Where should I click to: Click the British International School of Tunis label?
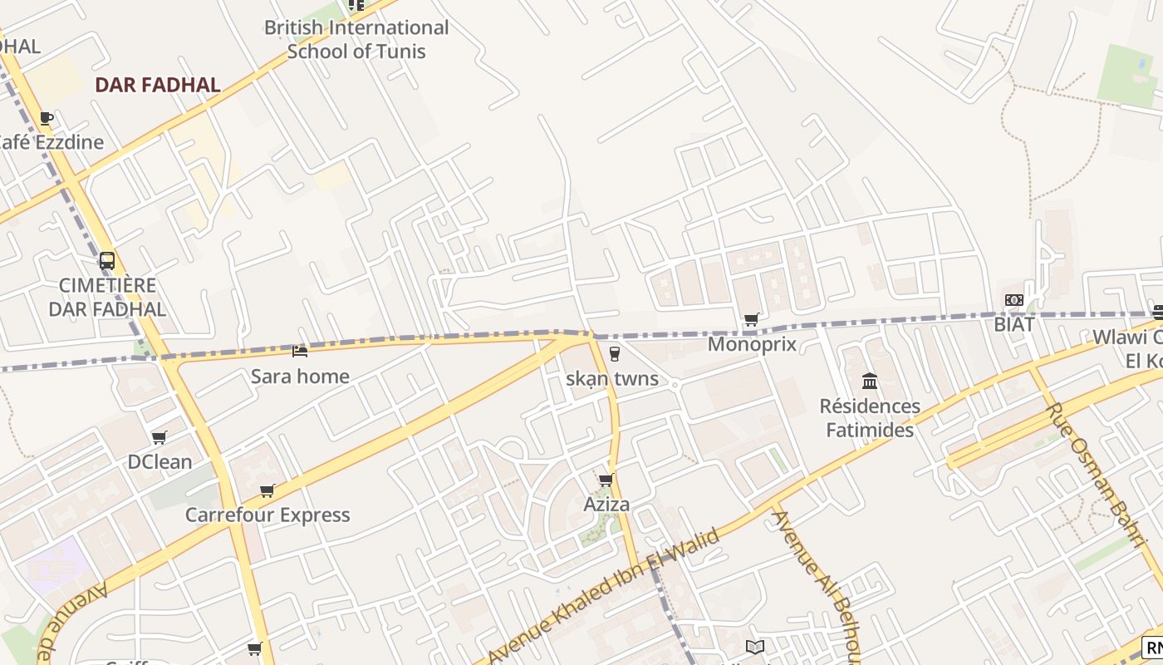point(356,39)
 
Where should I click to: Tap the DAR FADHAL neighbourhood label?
point(157,85)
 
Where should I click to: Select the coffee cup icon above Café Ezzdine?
point(47,119)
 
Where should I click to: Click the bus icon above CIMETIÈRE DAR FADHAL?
point(107,261)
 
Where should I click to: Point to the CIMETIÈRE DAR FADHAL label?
point(107,298)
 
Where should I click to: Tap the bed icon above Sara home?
point(300,352)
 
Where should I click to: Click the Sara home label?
point(300,377)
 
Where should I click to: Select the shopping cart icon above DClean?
point(159,437)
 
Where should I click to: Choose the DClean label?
point(159,462)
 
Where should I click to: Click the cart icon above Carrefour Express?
point(267,490)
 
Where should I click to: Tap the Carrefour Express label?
point(267,515)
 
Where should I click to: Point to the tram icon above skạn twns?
point(614,354)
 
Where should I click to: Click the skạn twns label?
point(612,379)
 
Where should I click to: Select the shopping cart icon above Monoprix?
point(752,320)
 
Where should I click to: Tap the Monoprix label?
point(752,344)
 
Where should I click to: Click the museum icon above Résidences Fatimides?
point(870,382)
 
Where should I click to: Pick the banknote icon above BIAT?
point(1013,300)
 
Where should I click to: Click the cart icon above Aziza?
point(606,480)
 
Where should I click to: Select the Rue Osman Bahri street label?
point(1095,474)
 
